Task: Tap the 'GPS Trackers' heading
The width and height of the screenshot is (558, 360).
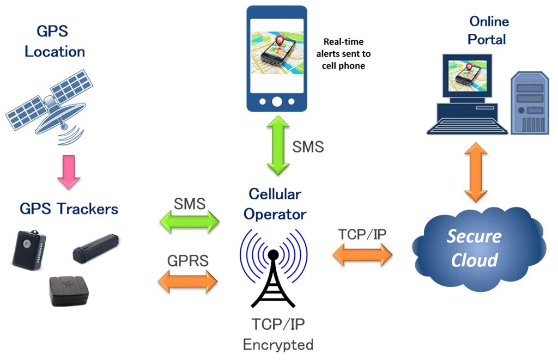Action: click(x=69, y=209)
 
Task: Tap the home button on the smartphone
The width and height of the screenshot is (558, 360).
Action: click(x=277, y=101)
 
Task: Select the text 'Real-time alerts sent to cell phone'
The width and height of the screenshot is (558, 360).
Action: click(x=343, y=53)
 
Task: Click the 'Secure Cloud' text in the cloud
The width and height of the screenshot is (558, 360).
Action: click(x=474, y=248)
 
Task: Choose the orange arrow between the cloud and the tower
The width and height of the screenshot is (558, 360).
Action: click(x=362, y=254)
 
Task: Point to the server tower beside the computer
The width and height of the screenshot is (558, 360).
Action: click(x=529, y=103)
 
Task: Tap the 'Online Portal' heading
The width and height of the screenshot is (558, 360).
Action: click(x=488, y=30)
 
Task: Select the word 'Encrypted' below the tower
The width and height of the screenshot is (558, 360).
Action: click(x=278, y=344)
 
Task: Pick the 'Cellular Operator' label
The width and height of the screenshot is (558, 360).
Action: click(x=275, y=204)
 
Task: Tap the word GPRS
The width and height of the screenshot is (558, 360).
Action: click(x=187, y=260)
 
